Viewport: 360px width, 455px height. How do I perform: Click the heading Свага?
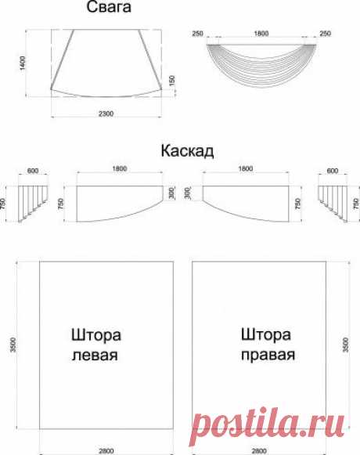tap(109, 7)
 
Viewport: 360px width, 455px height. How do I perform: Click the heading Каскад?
tap(187, 151)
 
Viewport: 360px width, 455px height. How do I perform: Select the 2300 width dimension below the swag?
tap(106, 114)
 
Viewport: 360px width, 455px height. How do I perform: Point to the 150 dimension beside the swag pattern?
tap(172, 81)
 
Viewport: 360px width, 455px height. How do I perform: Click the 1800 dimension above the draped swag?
tap(261, 34)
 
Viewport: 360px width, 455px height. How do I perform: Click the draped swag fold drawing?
tap(261, 65)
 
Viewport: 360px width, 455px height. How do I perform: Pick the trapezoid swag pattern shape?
tap(106, 63)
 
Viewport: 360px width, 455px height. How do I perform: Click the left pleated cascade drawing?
tap(33, 204)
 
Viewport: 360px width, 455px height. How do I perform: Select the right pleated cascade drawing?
tap(333, 204)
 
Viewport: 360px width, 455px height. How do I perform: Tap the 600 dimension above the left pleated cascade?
tap(33, 171)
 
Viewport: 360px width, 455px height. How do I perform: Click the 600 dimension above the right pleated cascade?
tap(333, 171)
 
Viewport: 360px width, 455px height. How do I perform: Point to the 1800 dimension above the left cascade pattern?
tap(120, 168)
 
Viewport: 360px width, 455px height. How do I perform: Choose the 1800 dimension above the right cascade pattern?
tap(246, 168)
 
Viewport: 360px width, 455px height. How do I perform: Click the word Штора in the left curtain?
tap(96, 335)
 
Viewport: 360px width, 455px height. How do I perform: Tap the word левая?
tap(95, 356)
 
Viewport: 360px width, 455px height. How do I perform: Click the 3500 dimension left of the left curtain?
tap(13, 345)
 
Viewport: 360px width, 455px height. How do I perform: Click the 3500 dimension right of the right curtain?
tap(345, 345)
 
